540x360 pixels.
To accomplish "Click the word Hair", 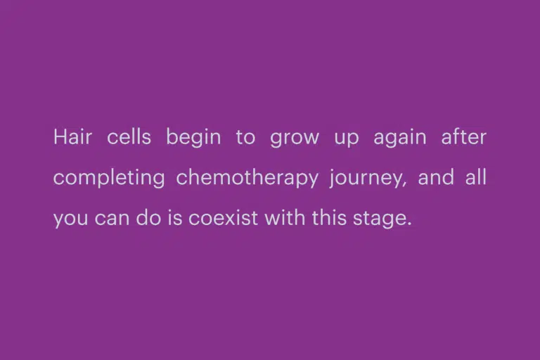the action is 72,136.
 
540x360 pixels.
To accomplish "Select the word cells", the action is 129,136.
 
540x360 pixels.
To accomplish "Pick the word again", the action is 400,139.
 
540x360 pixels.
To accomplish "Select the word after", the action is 463,136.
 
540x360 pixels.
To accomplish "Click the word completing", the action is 109,179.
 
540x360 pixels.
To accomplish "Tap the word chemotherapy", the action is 247,179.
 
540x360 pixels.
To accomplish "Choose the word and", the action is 436,177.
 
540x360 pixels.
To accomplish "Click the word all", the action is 476,177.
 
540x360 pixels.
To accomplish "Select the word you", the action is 70,220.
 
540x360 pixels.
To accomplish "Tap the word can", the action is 112,219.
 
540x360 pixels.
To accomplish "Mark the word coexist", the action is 223,217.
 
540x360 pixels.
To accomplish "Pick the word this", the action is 329,217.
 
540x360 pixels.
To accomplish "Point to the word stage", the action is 378,219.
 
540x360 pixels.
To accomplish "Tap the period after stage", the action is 409,224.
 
